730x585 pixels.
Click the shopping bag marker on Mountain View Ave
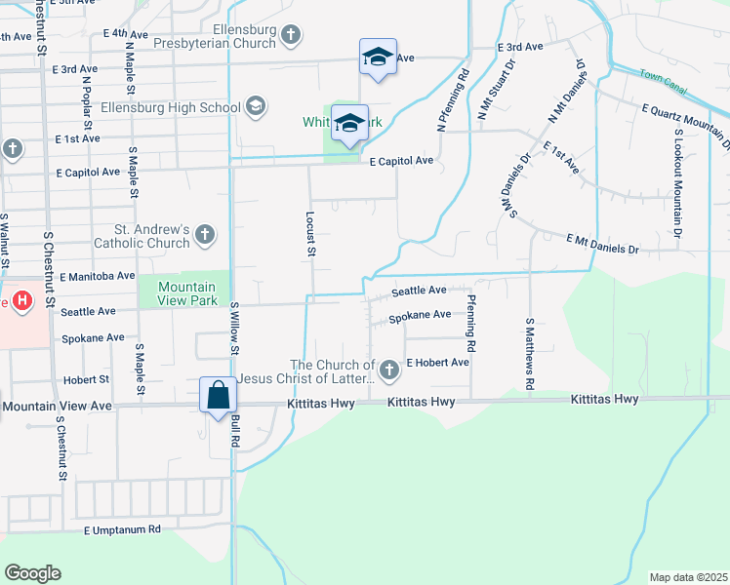219,396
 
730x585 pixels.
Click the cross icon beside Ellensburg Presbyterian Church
290,36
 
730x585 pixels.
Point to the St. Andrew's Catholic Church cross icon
204,234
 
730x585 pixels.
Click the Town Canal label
665,76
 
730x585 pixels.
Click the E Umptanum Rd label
121,530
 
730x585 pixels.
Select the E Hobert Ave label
438,362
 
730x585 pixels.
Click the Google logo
32,573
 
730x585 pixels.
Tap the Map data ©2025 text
688,577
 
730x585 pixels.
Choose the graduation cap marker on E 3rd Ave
378,57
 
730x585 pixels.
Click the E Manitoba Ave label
97,277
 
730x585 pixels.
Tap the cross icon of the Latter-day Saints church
389,370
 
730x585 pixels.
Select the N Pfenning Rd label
452,100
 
